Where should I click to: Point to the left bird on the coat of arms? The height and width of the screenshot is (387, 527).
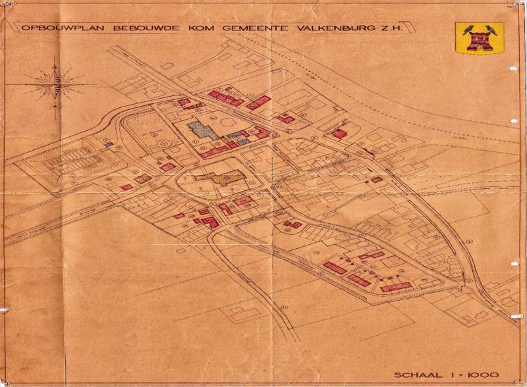(x=469, y=29)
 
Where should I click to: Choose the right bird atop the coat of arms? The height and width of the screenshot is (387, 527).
(x=489, y=29)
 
